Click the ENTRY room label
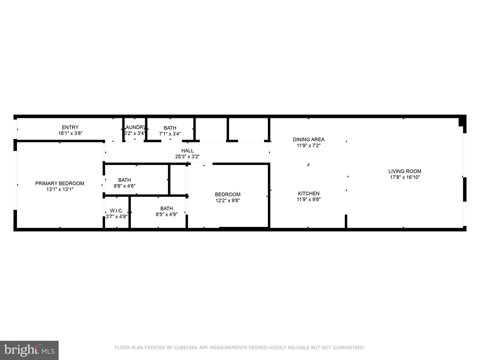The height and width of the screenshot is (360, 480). (70, 127)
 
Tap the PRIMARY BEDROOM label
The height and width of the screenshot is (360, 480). (60, 183)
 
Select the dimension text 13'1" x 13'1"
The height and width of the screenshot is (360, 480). (60, 189)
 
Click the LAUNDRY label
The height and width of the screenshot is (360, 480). (135, 127)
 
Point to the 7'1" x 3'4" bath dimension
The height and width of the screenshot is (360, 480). (170, 134)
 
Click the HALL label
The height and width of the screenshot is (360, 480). (187, 151)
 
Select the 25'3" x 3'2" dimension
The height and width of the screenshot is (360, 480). (187, 157)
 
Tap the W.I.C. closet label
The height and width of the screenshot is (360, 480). (117, 211)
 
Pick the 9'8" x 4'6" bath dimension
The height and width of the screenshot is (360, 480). (124, 186)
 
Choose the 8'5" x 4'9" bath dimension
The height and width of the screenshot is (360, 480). (166, 214)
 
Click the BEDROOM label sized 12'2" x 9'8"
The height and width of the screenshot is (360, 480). (228, 194)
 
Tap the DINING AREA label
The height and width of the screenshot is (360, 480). (308, 139)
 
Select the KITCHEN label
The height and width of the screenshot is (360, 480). (308, 193)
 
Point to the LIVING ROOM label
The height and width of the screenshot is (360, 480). (405, 171)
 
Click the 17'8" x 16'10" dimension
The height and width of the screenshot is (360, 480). (405, 177)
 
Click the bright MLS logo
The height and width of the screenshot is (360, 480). (29, 350)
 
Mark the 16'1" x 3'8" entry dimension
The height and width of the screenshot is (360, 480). (70, 133)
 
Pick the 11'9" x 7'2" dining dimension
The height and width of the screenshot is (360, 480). (308, 145)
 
